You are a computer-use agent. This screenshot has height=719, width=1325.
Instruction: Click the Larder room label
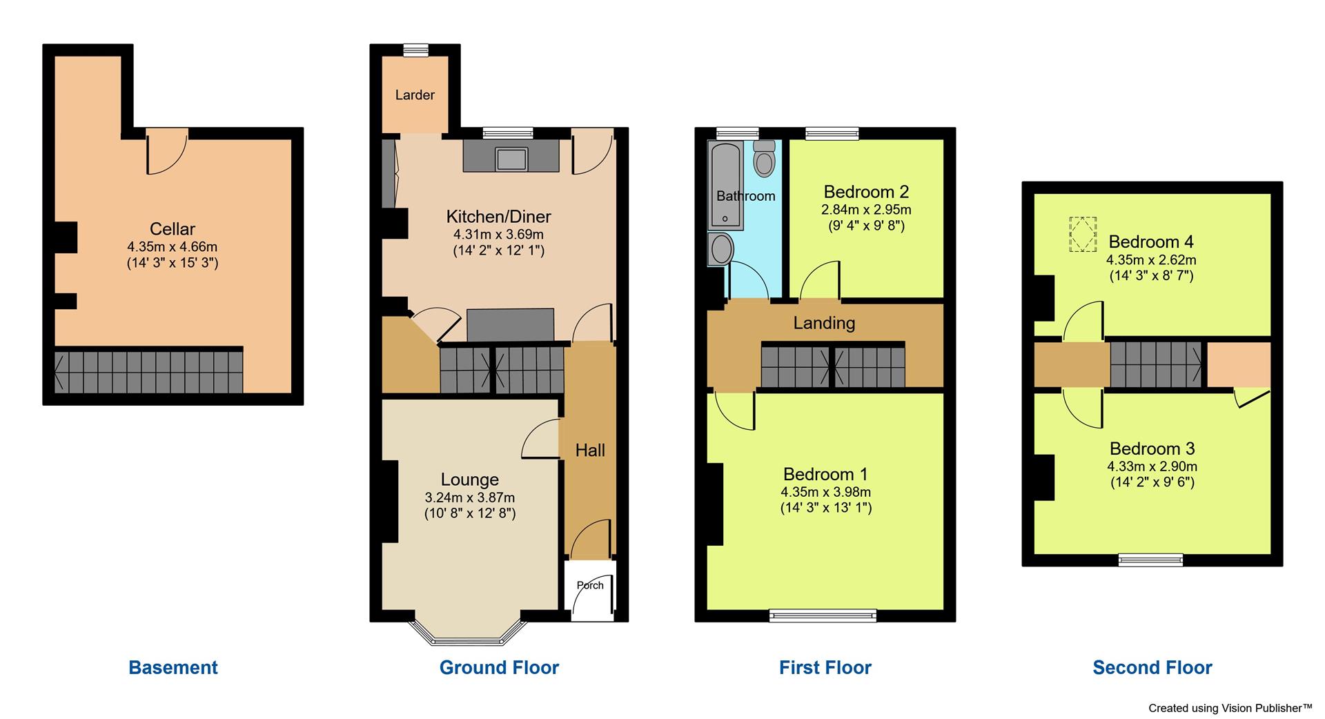415,95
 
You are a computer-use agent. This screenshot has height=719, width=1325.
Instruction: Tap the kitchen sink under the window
511,159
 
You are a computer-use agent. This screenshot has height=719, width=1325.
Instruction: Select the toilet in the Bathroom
764,160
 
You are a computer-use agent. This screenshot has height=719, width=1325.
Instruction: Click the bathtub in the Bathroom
725,185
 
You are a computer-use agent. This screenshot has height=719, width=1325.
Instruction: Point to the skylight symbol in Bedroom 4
1082,235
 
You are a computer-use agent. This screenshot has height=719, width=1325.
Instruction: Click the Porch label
590,585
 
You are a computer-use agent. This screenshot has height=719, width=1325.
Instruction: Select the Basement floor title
173,667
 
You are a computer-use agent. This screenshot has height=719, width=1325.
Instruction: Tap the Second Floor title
1152,667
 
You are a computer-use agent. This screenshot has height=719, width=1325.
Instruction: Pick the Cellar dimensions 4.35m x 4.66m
173,246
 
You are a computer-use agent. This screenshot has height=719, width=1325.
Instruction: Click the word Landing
824,323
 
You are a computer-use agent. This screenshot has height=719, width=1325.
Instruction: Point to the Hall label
590,451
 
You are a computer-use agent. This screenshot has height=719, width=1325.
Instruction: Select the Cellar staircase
149,371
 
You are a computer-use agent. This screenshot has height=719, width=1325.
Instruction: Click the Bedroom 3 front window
1150,560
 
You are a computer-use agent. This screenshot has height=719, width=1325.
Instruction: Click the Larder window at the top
415,49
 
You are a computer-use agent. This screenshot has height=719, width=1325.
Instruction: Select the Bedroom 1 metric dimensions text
825,492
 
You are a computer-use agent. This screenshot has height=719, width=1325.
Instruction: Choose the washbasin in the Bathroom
720,248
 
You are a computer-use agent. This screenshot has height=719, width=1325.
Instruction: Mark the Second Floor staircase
1156,364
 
